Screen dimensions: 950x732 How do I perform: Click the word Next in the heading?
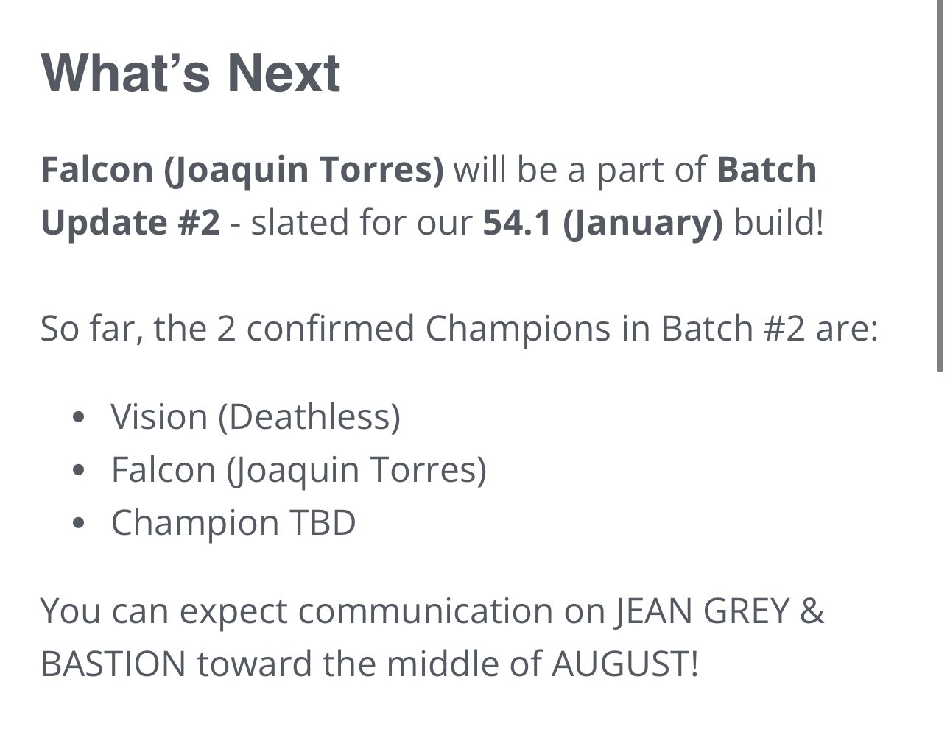click(x=284, y=73)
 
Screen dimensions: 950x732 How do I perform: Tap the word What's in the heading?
click(x=125, y=73)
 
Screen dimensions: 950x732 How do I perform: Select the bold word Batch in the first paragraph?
click(x=767, y=169)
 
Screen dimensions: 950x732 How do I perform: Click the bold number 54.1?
click(x=517, y=223)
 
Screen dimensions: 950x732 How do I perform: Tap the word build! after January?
click(x=778, y=222)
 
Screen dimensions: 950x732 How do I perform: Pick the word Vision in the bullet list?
click(x=159, y=416)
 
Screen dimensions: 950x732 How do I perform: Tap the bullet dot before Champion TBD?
click(x=79, y=523)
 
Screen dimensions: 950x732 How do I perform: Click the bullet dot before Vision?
click(x=79, y=417)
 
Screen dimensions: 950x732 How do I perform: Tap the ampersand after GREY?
click(x=812, y=611)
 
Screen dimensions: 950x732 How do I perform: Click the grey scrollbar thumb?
click(x=940, y=185)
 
